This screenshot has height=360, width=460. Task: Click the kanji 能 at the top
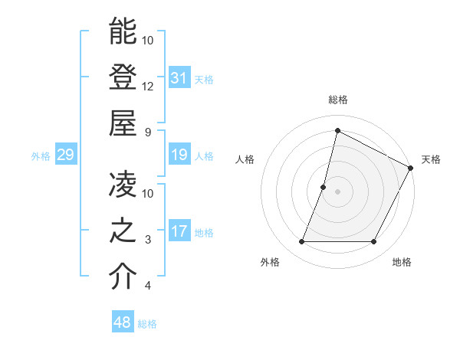click(123, 31)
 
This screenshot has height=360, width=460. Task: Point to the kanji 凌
click(123, 185)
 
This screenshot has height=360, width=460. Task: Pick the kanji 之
click(123, 231)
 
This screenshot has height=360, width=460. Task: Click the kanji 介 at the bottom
click(123, 277)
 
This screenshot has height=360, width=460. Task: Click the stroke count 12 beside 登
click(148, 86)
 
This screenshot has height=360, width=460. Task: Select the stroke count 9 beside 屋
click(148, 132)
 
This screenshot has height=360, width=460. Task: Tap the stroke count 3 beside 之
click(148, 240)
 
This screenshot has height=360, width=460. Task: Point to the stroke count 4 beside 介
click(148, 286)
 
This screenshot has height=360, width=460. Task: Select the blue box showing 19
click(179, 155)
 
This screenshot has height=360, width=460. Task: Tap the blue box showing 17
click(179, 231)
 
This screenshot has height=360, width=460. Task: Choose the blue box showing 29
click(65, 155)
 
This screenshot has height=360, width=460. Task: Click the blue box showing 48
click(123, 322)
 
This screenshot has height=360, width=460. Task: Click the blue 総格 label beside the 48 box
click(147, 324)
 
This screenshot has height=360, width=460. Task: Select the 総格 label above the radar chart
click(337, 100)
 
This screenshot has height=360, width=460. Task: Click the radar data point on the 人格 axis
click(324, 187)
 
